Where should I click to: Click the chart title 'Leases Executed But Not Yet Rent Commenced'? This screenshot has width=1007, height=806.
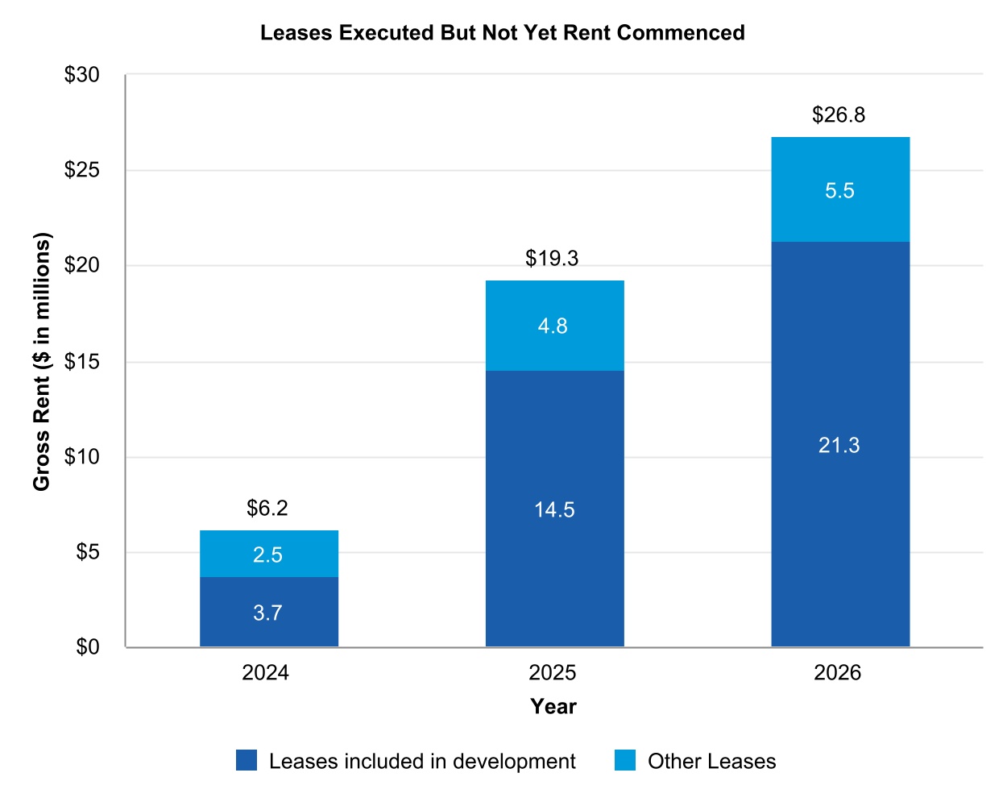click(502, 33)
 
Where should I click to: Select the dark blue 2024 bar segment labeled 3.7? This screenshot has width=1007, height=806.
click(268, 612)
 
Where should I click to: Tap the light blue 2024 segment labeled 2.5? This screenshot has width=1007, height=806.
click(268, 555)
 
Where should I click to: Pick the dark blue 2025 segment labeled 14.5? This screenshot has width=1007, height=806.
click(554, 509)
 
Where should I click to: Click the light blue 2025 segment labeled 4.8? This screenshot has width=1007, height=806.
click(554, 326)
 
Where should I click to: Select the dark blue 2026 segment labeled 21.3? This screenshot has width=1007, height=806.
click(839, 445)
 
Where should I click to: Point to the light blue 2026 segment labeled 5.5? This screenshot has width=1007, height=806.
click(839, 190)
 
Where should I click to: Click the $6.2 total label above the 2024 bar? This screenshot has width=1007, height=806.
click(267, 508)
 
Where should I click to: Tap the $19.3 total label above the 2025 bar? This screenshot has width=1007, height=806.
click(552, 258)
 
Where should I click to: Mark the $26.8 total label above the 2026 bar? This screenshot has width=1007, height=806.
click(839, 115)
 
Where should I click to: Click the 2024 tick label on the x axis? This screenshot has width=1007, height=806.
click(265, 673)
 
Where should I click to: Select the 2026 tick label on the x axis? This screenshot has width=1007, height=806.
click(837, 673)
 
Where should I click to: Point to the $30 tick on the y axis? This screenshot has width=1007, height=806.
click(82, 75)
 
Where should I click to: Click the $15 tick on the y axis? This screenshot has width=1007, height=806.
click(82, 361)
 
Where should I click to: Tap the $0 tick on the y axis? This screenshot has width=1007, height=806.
click(87, 647)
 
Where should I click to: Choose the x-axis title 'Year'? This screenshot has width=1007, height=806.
click(553, 707)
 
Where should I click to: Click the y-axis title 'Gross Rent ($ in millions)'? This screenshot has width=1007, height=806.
click(42, 361)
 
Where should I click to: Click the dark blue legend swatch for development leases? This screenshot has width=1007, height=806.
click(247, 761)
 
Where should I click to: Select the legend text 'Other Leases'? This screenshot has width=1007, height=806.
click(711, 762)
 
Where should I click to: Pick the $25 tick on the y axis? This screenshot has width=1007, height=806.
click(82, 170)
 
